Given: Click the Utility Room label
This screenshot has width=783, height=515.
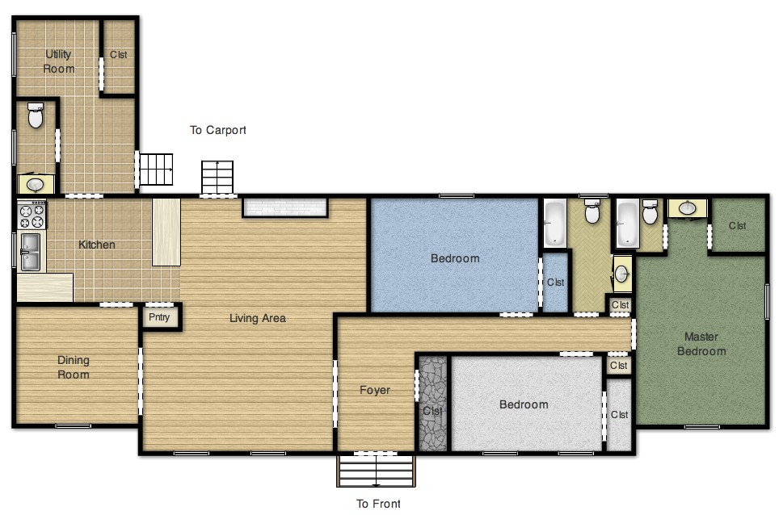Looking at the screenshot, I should (x=59, y=61).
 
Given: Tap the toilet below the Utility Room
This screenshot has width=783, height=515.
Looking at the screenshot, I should (x=36, y=116).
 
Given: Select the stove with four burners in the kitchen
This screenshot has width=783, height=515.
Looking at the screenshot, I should (x=32, y=216).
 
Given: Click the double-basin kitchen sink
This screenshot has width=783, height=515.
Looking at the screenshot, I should (x=31, y=251).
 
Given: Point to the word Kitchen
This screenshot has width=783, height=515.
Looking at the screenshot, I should (x=96, y=245).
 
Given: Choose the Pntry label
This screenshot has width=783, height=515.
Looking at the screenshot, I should (x=160, y=317).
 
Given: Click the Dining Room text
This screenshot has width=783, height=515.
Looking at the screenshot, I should (x=74, y=367).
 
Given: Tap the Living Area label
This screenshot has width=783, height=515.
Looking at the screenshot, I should (x=257, y=318).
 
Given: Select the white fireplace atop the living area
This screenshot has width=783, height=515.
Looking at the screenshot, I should (x=284, y=207).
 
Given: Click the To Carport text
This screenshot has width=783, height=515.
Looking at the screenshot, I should (x=217, y=130).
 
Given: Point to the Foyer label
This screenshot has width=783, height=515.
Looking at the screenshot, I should (x=375, y=390).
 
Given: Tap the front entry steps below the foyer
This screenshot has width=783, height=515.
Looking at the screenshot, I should (x=376, y=471).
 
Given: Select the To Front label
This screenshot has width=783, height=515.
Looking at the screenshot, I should (x=378, y=504).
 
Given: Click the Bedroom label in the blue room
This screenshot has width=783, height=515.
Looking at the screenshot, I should (x=454, y=258).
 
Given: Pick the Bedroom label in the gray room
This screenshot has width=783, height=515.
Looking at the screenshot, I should (x=523, y=404).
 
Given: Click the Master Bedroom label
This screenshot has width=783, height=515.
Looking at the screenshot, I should (x=701, y=344).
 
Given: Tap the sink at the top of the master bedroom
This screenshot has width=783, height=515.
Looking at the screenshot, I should (x=688, y=208).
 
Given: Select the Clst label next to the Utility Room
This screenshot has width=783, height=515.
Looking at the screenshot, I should (x=119, y=55).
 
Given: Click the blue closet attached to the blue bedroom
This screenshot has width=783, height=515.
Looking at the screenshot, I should (x=555, y=283).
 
